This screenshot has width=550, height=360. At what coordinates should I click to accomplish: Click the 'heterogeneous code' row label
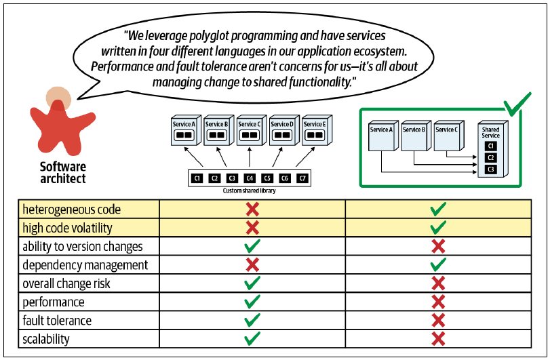pos(72,209)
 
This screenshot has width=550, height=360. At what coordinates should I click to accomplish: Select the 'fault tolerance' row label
pos(57,321)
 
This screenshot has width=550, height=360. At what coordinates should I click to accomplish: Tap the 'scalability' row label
pos(46,339)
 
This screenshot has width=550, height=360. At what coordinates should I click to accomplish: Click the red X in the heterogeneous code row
pos(252,209)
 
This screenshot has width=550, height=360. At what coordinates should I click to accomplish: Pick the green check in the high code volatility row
pos(439,228)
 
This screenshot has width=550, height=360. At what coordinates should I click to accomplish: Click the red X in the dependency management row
pos(252,264)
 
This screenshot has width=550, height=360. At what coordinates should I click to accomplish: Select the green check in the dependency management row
pos(439,264)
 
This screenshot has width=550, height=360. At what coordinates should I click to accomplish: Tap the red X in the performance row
pos(439,302)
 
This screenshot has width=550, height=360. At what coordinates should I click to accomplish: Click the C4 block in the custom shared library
pos(250,178)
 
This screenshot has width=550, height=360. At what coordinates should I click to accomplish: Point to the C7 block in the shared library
pos(302,178)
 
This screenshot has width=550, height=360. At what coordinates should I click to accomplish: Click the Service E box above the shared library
pos(317,130)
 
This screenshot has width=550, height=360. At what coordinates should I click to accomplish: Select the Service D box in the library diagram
pos(284,130)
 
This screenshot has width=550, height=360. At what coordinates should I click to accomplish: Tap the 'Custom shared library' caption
pos(249,191)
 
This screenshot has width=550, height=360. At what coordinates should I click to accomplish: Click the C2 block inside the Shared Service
pos(491,158)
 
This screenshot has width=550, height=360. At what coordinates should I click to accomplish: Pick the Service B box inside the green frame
pos(416,136)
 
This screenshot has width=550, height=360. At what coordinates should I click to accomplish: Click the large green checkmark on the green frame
pos(517,104)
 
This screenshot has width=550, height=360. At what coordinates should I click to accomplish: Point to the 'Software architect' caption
pos(63,172)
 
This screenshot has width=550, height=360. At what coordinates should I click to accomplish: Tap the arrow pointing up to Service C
pos(250,157)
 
